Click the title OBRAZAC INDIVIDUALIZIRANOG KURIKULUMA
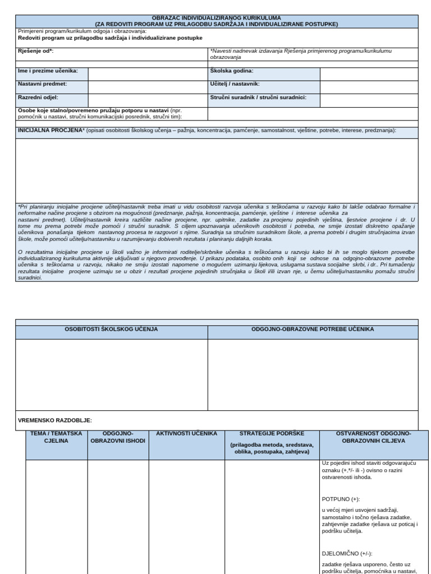[216, 18]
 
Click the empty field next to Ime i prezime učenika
[148, 73]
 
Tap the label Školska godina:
[232, 71]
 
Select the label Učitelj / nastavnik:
[235, 84]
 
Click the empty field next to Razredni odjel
[148, 100]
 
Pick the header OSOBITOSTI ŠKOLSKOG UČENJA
[112, 330]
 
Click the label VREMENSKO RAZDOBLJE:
[55, 420]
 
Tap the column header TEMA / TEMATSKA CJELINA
[56, 437]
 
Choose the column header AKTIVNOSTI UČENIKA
[186, 434]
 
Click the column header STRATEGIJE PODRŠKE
[272, 434]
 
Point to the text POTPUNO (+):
[341, 499]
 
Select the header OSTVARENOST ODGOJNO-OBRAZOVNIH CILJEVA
[373, 437]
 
